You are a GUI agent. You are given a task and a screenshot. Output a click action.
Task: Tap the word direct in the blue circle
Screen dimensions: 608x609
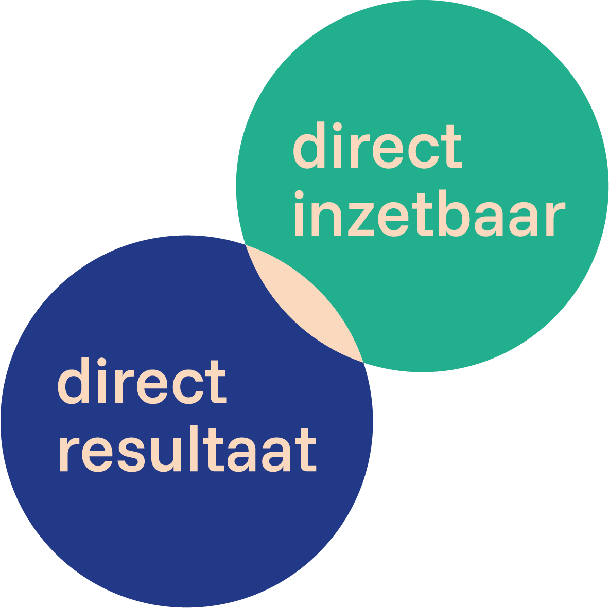pos(142,381)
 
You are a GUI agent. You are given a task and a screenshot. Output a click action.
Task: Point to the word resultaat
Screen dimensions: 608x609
pos(187,450)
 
